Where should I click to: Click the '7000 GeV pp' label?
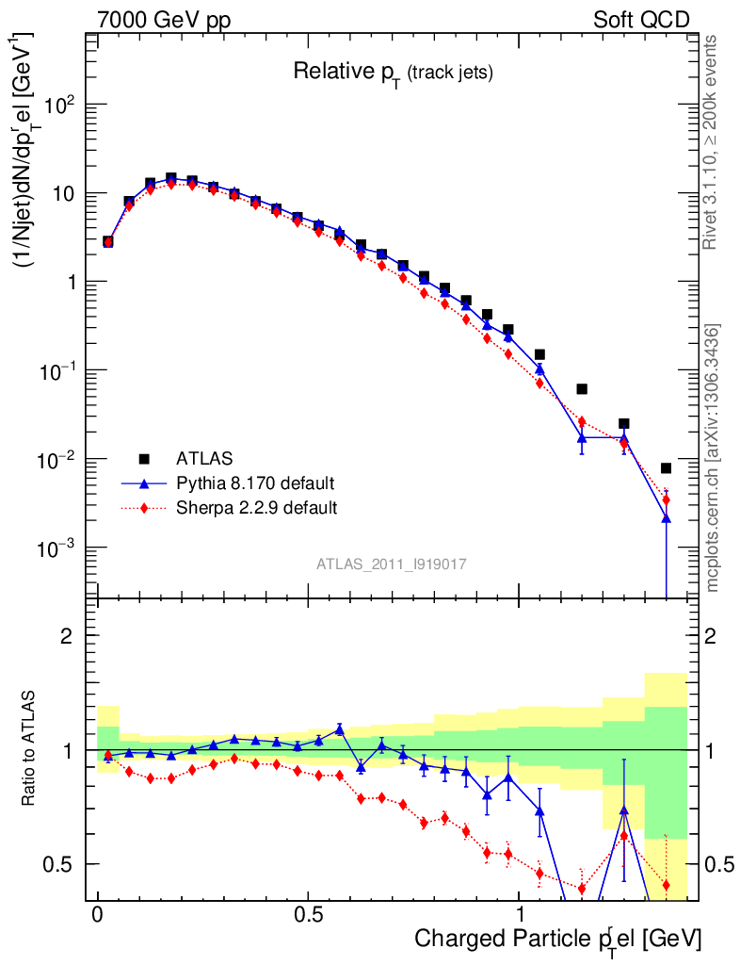[x=165, y=20]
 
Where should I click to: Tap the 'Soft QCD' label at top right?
[x=641, y=20]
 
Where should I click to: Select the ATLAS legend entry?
[x=203, y=459]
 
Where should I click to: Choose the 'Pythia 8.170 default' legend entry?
[x=255, y=483]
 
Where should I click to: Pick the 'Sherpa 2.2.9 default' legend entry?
[x=257, y=508]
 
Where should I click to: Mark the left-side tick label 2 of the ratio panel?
[x=67, y=635]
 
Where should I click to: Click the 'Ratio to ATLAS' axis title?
[x=31, y=750]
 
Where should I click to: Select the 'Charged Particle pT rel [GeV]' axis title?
[x=557, y=939]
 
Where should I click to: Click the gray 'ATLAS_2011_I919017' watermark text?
[x=392, y=564]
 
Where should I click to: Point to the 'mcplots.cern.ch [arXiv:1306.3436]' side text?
[x=713, y=458]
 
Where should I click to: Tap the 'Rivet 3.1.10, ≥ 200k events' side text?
[x=713, y=143]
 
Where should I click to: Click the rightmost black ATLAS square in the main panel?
[x=666, y=467]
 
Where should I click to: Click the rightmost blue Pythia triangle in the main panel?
[x=666, y=518]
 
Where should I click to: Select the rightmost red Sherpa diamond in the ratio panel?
[x=666, y=885]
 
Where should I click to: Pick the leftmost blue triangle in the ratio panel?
[x=107, y=756]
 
